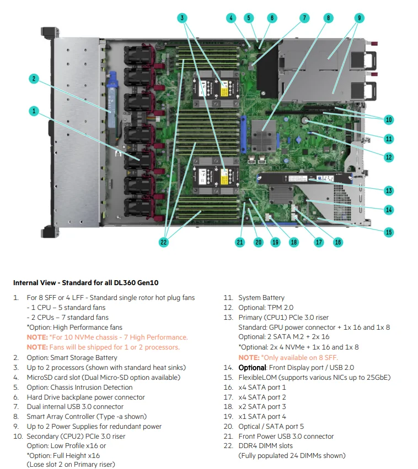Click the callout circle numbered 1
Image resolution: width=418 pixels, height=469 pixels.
point(34,111)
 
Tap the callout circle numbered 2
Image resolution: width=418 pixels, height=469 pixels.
point(34,79)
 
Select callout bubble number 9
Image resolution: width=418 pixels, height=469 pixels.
point(359,18)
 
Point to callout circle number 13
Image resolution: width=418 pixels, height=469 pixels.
point(389,190)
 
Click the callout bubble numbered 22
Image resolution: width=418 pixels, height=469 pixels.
point(163,242)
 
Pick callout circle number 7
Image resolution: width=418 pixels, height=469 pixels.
point(304,18)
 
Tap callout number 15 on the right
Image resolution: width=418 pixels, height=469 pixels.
point(389,232)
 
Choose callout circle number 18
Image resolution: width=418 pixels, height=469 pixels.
point(293,242)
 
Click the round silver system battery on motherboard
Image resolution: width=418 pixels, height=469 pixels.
point(307,119)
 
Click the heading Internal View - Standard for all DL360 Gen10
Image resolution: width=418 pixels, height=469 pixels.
point(85,283)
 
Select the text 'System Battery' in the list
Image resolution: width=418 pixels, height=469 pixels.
point(261,298)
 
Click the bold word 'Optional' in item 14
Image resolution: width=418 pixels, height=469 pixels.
point(251,367)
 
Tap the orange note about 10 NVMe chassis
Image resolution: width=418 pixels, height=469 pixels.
point(107,337)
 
